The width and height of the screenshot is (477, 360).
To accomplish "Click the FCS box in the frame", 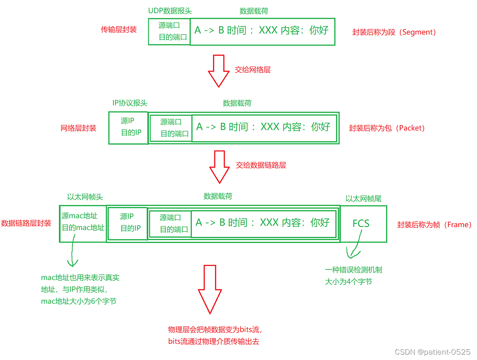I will [363, 223].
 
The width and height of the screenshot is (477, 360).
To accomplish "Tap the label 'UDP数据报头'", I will [170, 11].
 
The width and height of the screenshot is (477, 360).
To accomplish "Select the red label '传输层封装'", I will [119, 30].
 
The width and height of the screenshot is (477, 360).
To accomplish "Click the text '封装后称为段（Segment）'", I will [394, 32].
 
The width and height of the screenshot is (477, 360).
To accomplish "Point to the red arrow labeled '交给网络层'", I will [218, 70].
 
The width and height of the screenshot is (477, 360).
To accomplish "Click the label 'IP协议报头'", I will [130, 103].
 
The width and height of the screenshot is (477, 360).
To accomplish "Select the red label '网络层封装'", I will [78, 128].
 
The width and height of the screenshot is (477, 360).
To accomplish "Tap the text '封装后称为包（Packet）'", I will [387, 128].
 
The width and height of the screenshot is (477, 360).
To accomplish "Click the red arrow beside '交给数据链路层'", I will [219, 166].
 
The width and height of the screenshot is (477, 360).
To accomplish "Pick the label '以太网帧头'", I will [85, 197].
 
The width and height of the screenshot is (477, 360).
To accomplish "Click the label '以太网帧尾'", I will [363, 198].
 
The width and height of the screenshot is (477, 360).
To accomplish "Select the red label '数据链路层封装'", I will [26, 223].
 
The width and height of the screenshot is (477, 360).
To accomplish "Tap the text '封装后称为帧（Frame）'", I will [434, 225].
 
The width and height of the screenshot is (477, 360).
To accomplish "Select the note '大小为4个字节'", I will [348, 282].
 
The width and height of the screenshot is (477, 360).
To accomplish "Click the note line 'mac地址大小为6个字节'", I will [79, 301].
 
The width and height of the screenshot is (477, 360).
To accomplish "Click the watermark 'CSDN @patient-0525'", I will [432, 352].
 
